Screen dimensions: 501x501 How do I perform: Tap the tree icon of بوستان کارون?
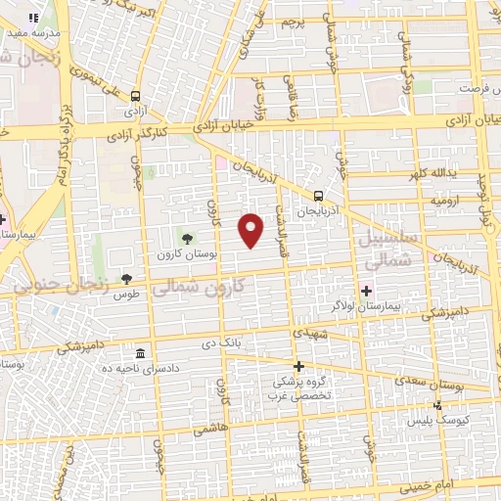coord(188,238)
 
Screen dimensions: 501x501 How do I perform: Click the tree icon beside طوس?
coord(125,279)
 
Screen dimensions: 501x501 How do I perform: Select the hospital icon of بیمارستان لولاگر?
coord(367,291)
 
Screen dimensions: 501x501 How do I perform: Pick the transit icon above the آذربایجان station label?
coord(317,195)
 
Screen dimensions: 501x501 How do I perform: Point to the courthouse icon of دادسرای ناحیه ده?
coord(140,353)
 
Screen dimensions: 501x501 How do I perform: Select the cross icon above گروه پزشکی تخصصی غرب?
coord(298,366)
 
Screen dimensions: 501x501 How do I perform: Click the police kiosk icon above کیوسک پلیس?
coord(438,404)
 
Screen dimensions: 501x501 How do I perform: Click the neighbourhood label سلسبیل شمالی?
coord(388,250)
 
